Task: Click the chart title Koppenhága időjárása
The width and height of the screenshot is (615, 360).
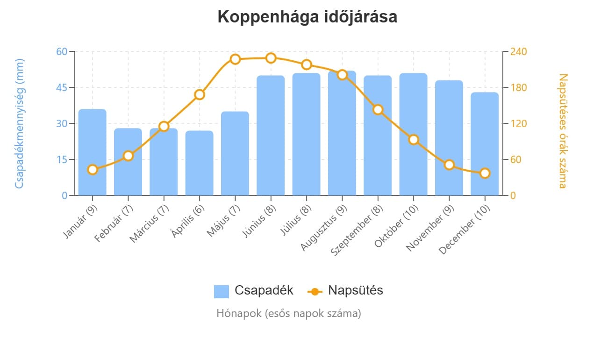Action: [307, 17]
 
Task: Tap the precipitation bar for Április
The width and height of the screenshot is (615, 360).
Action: [200, 163]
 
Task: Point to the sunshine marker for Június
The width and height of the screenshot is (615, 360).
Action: [271, 58]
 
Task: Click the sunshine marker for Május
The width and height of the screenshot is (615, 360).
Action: [235, 59]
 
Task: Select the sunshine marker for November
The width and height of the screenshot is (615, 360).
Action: [449, 165]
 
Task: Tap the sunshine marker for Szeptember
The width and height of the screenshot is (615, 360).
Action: [378, 110]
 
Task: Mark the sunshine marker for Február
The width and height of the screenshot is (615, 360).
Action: [129, 156]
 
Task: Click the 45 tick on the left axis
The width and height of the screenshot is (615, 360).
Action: [62, 87]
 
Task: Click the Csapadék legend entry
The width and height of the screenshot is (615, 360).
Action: [254, 290]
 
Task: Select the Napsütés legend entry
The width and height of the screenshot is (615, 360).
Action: [345, 290]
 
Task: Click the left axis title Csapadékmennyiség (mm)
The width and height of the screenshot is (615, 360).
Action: [19, 123]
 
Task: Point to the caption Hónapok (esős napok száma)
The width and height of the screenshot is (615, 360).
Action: [288, 313]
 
